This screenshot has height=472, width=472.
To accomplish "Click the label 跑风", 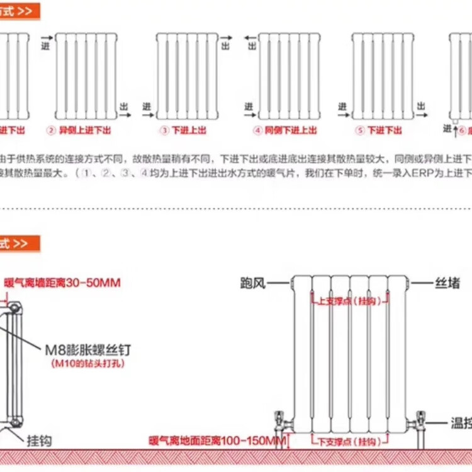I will pos(251,284).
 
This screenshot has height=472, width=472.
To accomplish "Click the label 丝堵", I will pos(448,284).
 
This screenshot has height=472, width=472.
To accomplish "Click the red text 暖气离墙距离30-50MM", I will pos(62,283).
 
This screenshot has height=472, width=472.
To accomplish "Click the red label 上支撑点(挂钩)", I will pos(344,301).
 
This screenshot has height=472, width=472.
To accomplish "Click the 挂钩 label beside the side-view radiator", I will pos(38,440).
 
